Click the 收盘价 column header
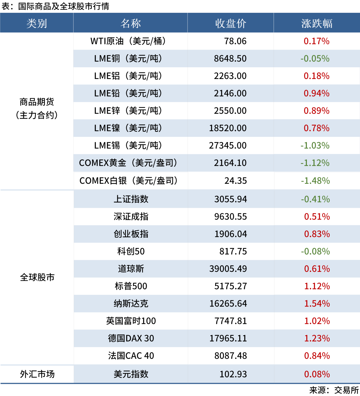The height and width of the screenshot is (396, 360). (230, 23)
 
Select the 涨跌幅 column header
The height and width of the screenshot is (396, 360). (317, 23)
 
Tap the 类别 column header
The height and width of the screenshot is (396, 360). (37, 23)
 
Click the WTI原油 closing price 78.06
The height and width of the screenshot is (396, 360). (235, 41)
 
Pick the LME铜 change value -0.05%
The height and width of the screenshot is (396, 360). (315, 59)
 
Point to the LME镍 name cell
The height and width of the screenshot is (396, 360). (128, 128)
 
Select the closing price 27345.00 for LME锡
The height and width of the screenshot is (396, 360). (228, 145)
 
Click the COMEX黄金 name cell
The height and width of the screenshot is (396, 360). (128, 163)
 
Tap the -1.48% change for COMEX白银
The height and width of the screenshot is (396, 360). (315, 181)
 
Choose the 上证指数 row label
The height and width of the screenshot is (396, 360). (131, 199)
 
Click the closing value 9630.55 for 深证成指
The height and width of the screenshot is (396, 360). (230, 217)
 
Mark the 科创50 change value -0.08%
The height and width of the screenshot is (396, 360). (315, 251)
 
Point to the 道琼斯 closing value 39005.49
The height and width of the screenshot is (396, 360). (228, 269)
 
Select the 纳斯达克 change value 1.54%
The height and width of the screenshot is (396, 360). (317, 304)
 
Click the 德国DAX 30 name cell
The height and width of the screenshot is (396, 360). (131, 338)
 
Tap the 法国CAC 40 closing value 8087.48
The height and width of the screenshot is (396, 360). (231, 356)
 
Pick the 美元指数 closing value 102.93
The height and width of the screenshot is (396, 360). (233, 374)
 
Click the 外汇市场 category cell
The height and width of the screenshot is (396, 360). (37, 374)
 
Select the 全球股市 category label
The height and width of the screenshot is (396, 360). (37, 277)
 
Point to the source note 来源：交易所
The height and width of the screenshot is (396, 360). (334, 390)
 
